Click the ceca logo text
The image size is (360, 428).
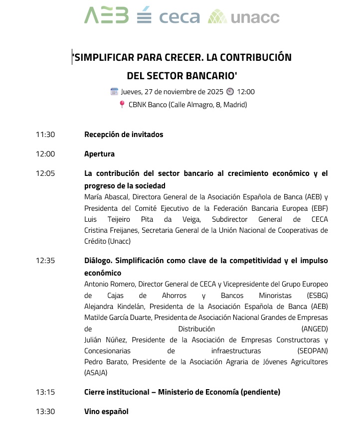(180, 17)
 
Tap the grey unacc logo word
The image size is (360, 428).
(255, 17)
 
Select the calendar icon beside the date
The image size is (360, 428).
(114, 92)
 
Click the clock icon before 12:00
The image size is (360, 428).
(230, 92)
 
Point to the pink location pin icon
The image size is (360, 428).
(122, 105)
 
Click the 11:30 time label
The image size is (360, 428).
(45, 135)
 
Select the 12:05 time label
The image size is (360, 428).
(45, 173)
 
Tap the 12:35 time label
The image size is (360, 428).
(45, 261)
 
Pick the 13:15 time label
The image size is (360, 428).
(45, 392)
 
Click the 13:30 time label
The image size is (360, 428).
(45, 412)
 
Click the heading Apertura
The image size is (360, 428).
(99, 154)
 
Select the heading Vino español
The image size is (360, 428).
(106, 412)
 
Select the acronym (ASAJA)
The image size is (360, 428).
(96, 373)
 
